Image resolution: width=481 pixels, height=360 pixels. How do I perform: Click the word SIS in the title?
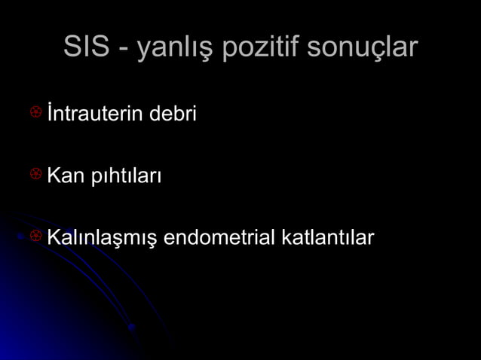(85, 47)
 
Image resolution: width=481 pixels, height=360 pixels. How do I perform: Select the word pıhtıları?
(124, 178)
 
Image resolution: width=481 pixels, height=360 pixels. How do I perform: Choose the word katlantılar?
(327, 238)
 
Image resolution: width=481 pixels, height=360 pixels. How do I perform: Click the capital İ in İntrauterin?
(50, 114)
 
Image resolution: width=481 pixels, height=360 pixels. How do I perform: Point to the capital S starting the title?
(72, 47)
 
